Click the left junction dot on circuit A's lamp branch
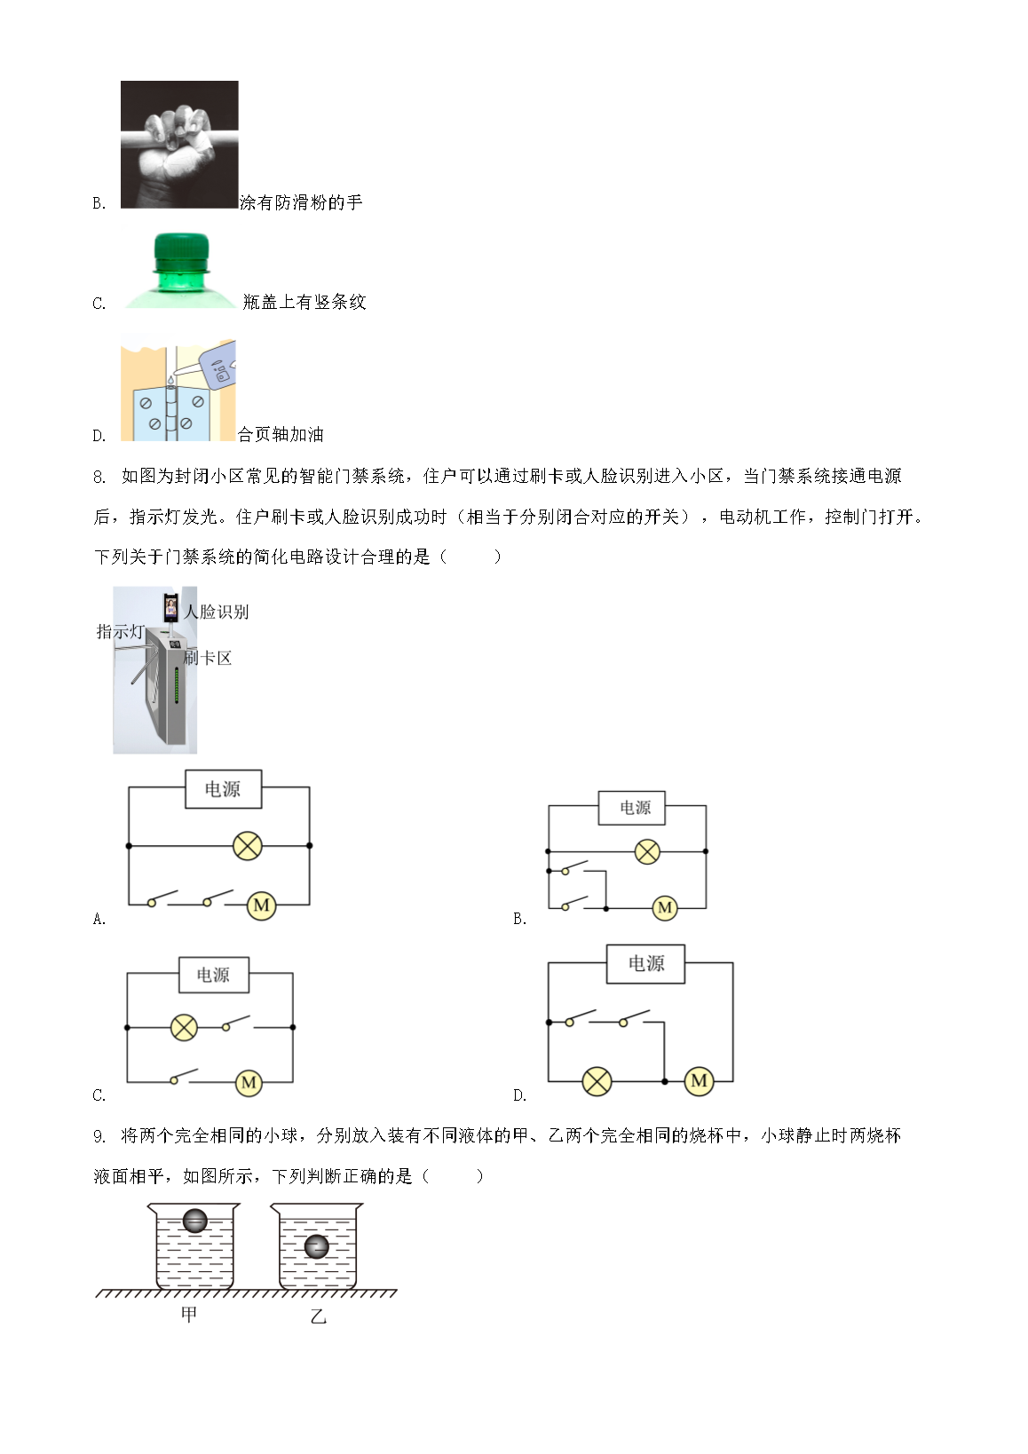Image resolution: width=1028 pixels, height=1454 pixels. pyautogui.click(x=129, y=846)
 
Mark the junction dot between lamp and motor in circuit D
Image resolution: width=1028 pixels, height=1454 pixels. pyautogui.click(x=665, y=1081)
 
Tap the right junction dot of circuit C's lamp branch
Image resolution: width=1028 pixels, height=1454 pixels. pyautogui.click(x=293, y=1028)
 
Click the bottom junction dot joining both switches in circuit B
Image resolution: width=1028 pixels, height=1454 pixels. pyautogui.click(x=605, y=909)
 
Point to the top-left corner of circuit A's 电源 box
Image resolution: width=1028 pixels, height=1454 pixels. pyautogui.click(x=186, y=770)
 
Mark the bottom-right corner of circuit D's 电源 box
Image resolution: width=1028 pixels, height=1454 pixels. pyautogui.click(x=684, y=984)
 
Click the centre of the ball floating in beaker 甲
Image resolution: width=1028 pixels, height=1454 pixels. pyautogui.click(x=194, y=1221)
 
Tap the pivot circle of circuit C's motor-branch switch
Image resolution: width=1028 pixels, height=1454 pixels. pyautogui.click(x=174, y=1081)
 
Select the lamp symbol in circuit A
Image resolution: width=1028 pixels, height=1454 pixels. pyautogui.click(x=248, y=847)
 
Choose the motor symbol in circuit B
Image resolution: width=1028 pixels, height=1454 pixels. pyautogui.click(x=665, y=908)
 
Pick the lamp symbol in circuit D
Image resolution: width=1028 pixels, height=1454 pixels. pyautogui.click(x=597, y=1082)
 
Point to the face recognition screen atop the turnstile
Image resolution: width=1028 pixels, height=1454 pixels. pyautogui.click(x=170, y=607)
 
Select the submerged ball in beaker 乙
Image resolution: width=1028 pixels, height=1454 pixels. pyautogui.click(x=317, y=1246)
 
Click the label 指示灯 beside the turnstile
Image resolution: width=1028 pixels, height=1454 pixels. pyautogui.click(x=120, y=631)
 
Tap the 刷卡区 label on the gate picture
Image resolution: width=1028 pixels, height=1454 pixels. pyautogui.click(x=208, y=658)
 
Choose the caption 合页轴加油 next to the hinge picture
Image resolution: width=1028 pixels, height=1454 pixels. pyautogui.click(x=281, y=433)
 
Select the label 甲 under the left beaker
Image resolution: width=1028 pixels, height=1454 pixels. pyautogui.click(x=189, y=1315)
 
